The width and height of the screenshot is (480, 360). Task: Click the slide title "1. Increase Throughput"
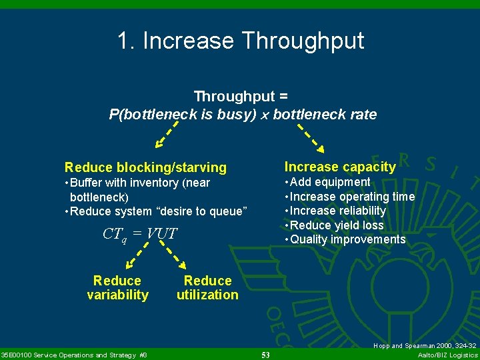240,41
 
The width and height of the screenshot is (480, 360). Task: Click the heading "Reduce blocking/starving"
145,167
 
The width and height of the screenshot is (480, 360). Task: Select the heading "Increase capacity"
340,167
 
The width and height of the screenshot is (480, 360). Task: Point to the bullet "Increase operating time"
349,197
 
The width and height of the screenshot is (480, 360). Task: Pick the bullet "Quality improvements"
345,239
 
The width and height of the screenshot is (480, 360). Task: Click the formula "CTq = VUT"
140,234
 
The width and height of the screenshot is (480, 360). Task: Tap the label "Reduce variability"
117,288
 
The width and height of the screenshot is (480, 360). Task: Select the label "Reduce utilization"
207,288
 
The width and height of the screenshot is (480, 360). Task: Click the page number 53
265,355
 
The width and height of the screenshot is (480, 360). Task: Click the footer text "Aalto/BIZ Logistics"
447,355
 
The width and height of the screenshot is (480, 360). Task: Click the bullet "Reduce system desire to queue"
158,211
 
